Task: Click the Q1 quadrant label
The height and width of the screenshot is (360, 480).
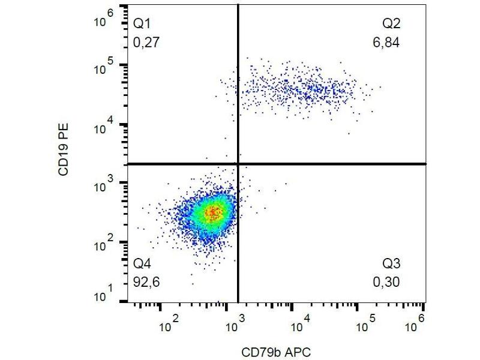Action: point(142,25)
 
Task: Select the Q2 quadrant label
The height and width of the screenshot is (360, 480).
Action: point(391,25)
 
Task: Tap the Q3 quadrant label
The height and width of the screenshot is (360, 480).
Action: point(391,264)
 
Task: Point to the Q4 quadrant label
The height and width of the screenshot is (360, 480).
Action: point(142,264)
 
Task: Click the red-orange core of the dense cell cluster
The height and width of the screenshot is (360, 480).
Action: point(213,211)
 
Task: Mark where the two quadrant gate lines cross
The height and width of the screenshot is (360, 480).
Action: point(238,163)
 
